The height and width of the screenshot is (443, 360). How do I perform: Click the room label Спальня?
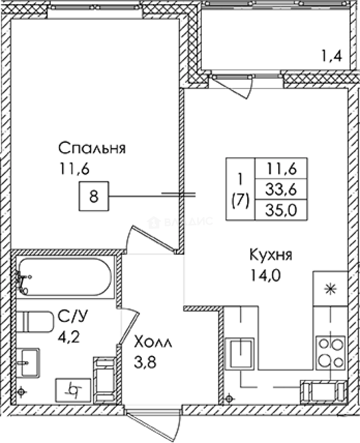pos(91,148)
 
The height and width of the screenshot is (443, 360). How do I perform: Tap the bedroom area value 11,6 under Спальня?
pos(74,168)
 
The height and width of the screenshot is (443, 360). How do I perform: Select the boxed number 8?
pos(93,196)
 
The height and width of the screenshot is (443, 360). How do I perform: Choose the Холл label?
pos(154,342)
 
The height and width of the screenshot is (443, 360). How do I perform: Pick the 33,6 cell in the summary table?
pos(281,189)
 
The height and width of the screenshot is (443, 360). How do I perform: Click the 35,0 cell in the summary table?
pos(281,210)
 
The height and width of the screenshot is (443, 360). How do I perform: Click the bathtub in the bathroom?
pos(65,277)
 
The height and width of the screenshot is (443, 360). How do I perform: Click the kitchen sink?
pos(241,353)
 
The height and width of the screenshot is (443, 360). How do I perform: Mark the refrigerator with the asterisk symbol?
pos(330,289)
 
